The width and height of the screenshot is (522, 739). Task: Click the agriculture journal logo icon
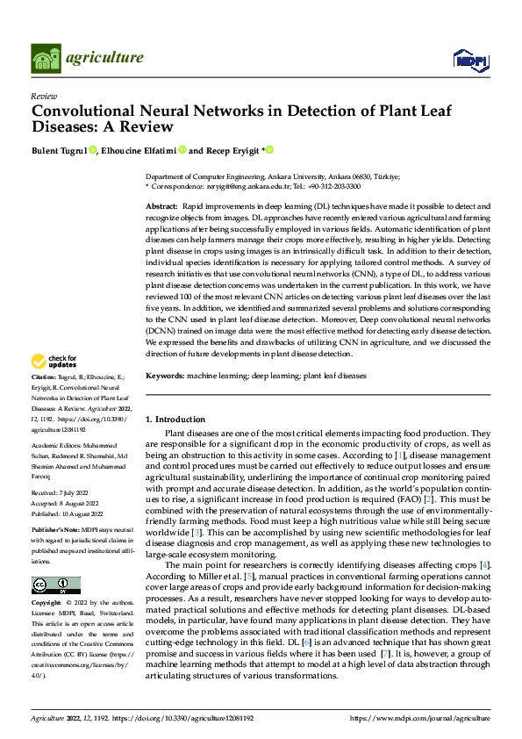[45, 58]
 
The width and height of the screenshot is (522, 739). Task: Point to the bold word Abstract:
[162, 204]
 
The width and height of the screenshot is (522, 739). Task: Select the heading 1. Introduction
[175, 420]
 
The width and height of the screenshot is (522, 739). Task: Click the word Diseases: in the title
[67, 128]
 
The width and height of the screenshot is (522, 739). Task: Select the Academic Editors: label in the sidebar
[55, 446]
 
